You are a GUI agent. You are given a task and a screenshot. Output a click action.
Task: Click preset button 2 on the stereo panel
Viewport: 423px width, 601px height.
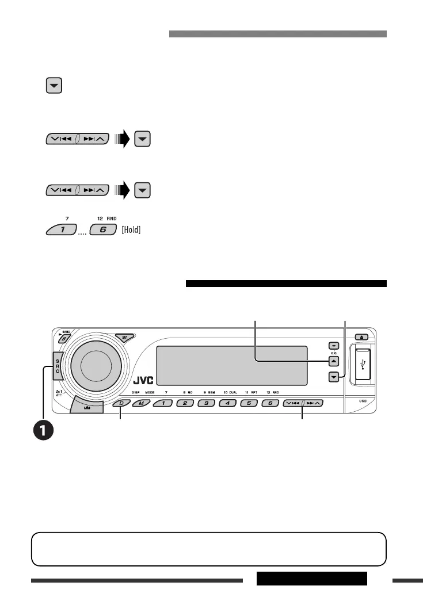click(185, 403)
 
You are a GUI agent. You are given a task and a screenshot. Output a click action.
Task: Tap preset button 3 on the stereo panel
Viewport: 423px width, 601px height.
click(206, 403)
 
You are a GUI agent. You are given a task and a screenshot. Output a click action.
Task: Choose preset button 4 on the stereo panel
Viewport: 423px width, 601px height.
click(227, 403)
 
